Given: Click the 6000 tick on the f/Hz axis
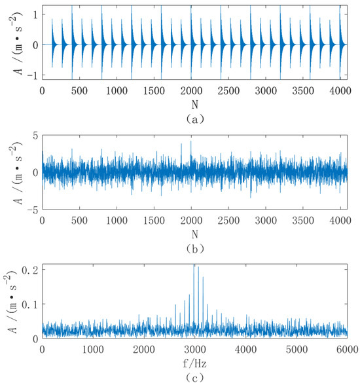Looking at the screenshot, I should click(x=347, y=349).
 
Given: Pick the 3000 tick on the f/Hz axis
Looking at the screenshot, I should click(x=194, y=349).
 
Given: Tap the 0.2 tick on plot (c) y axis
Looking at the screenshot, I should click(x=31, y=270).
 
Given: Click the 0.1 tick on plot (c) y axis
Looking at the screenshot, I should click(x=31, y=304).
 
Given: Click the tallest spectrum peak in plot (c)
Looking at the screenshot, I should click(x=194, y=266).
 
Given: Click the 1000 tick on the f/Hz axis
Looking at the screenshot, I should click(x=93, y=349).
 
